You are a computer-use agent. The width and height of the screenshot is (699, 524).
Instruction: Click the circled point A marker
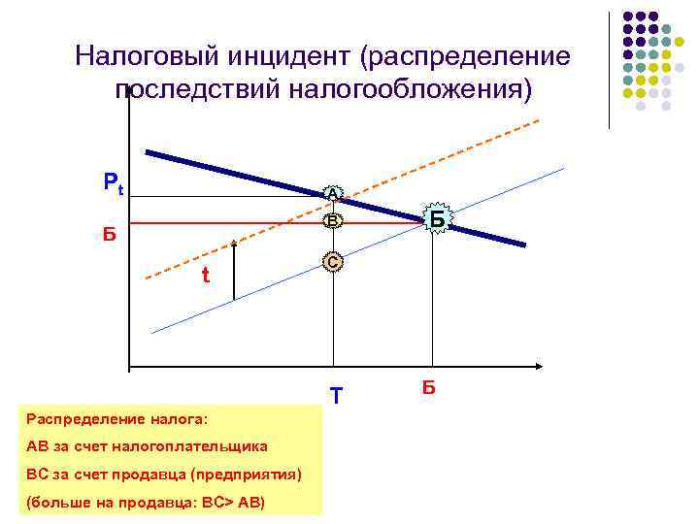[333, 195]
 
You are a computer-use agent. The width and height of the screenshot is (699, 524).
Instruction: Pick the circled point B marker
[333, 222]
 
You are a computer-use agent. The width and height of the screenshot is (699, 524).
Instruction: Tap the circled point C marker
[333, 262]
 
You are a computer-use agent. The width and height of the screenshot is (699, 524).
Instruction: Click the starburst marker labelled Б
[437, 220]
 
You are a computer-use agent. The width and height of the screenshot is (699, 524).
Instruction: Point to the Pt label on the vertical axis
[114, 182]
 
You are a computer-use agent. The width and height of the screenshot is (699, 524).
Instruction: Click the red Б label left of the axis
[110, 234]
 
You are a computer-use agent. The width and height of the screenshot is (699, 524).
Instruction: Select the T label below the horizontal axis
[336, 397]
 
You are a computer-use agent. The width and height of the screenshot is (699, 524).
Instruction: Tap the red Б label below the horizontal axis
[428, 389]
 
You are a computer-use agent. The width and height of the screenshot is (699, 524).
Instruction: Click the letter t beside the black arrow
[205, 276]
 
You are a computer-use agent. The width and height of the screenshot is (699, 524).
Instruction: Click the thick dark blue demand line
[252, 179]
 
